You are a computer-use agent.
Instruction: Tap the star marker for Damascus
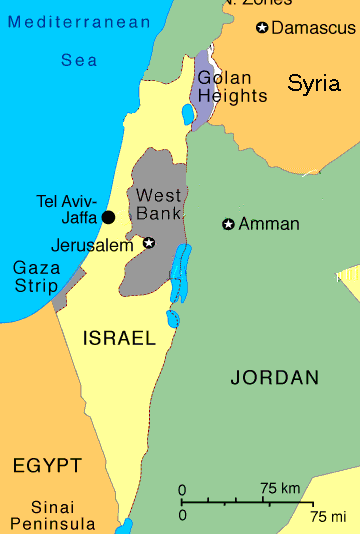coord(262,28)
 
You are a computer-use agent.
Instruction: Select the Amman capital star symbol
coord(228,224)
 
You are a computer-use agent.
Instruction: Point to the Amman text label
coord(269,224)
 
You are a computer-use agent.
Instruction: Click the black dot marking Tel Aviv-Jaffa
coord(108,217)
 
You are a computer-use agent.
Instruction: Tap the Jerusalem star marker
coord(149,242)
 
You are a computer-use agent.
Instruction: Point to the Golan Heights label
coord(232,87)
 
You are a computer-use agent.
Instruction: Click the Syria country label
coord(313,84)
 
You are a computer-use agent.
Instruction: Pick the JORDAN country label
coord(274,377)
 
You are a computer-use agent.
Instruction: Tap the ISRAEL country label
coord(118,338)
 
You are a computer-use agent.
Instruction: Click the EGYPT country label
coord(46,465)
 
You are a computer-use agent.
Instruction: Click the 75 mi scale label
coord(327,515)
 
